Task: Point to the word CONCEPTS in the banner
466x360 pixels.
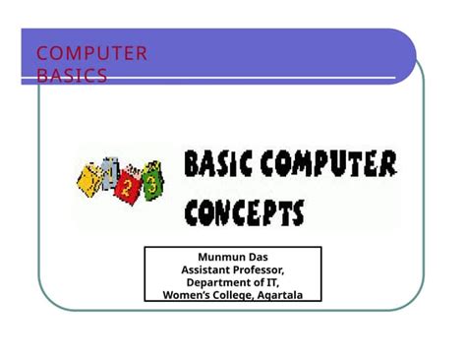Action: (245, 211)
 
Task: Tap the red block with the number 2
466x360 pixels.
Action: (125, 184)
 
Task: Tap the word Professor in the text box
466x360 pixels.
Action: (260, 270)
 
